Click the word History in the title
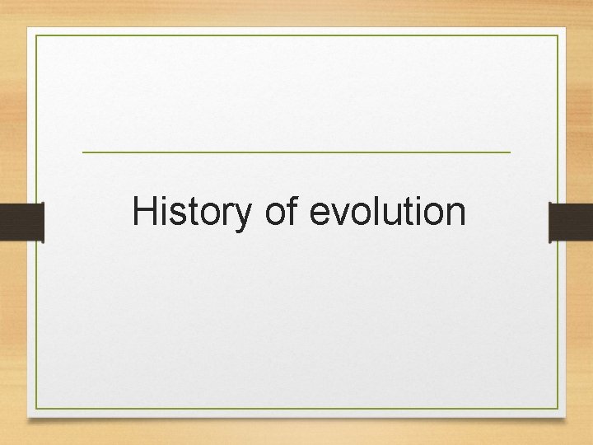[x=190, y=212]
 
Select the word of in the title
[x=282, y=212]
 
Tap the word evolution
[x=387, y=212]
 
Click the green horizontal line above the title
[x=296, y=152]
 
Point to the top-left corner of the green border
[x=36, y=36]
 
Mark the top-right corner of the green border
[x=558, y=36]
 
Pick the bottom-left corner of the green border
[x=36, y=410]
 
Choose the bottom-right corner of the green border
[x=558, y=410]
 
